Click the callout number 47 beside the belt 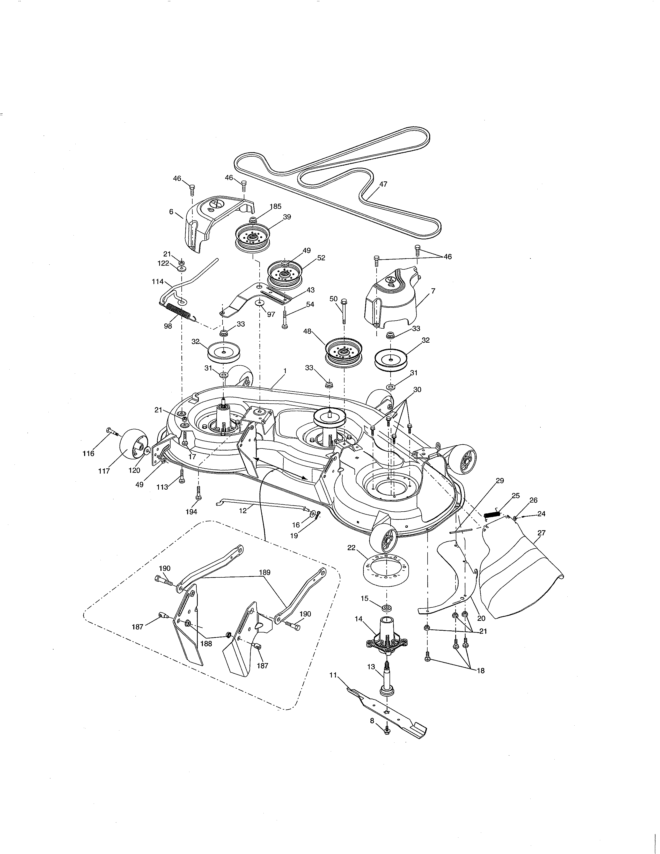pyautogui.click(x=383, y=184)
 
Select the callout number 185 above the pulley pyautogui.click(x=275, y=207)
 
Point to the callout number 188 pyautogui.click(x=206, y=644)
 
